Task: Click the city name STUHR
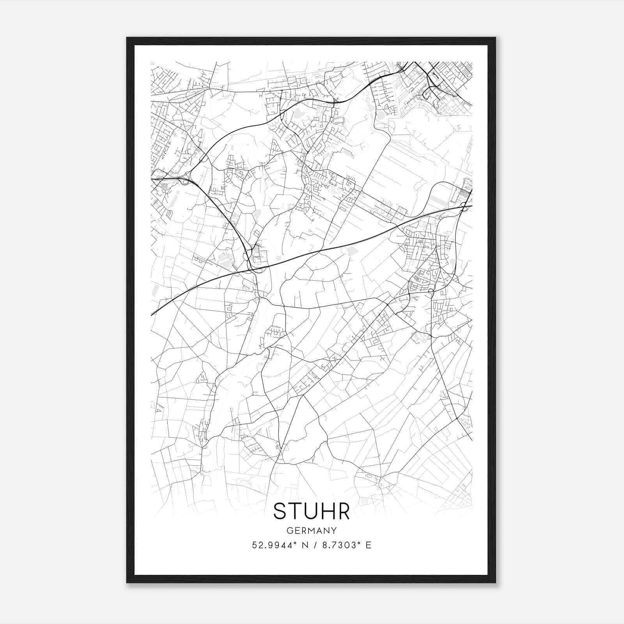point(311,511)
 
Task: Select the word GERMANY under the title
point(312,530)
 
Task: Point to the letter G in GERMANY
point(290,530)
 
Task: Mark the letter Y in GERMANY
point(334,530)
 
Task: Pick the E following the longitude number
point(369,545)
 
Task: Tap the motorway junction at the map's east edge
point(465,206)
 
